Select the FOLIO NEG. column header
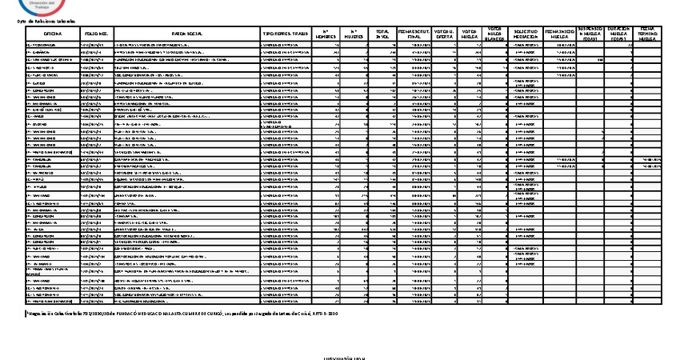(x=98, y=33)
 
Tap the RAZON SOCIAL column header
(x=187, y=33)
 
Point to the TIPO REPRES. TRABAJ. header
(x=285, y=33)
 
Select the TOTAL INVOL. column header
(x=382, y=33)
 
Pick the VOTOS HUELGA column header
(x=470, y=33)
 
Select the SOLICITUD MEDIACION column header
(x=524, y=33)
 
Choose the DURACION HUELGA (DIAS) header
(x=619, y=33)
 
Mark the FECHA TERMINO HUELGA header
(x=648, y=33)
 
